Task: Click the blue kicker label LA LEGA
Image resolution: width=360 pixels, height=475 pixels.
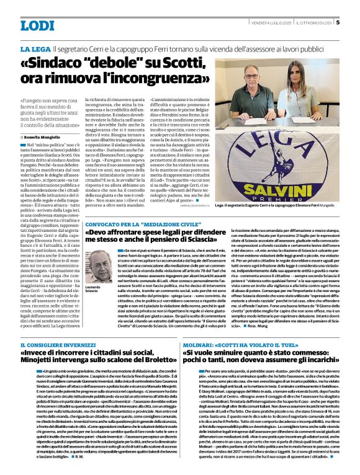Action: [x=35, y=48]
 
